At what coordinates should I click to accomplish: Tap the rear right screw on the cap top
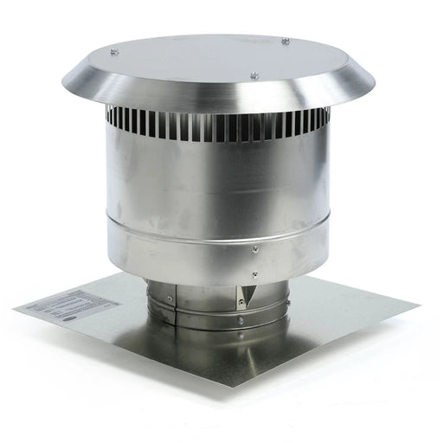coord(286,41)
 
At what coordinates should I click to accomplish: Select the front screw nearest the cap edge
coord(254,75)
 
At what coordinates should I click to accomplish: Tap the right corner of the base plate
coord(418,304)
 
